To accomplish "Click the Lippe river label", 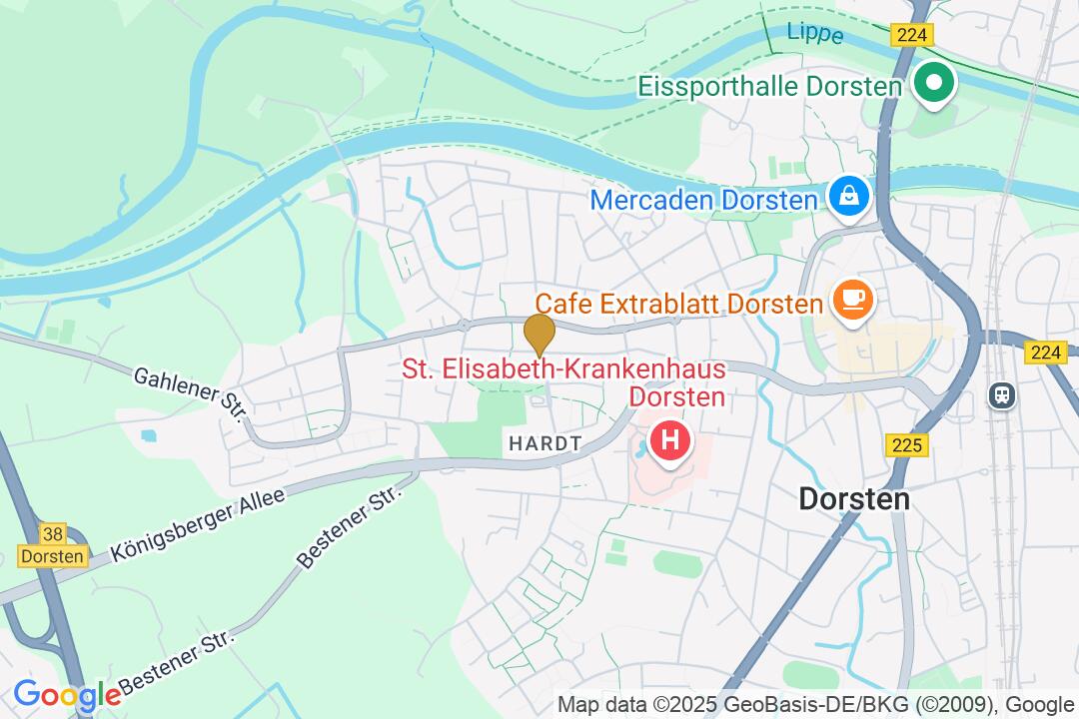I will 815,32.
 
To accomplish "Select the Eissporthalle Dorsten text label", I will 770,86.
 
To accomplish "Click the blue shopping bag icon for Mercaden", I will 848,195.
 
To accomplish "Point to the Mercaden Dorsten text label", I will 703,200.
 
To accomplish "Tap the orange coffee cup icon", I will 852,299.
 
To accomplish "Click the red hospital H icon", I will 669,439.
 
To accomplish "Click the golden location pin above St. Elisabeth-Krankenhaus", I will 539,332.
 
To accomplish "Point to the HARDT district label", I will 543,445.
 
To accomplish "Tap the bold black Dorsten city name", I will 854,498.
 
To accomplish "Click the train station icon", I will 1001,394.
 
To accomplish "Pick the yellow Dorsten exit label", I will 53,557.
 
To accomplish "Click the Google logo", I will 66,695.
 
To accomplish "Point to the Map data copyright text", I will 814,704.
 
